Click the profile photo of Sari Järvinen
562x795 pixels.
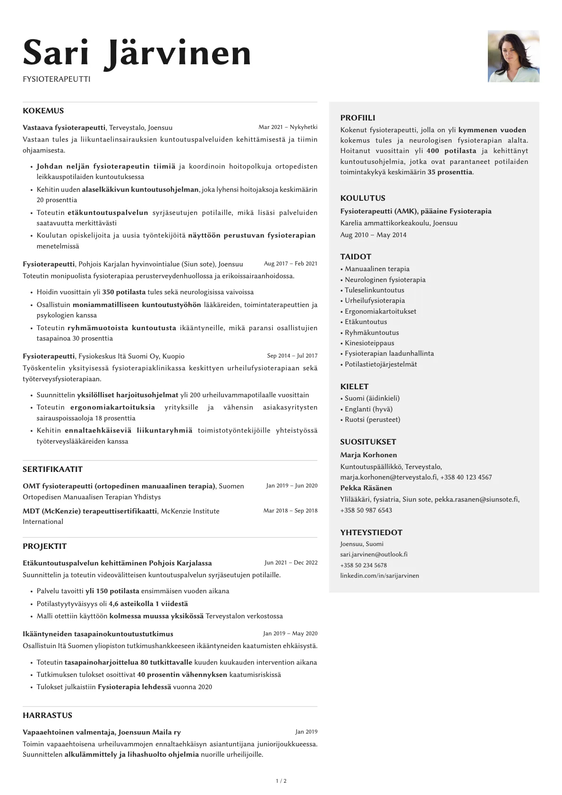[513, 56]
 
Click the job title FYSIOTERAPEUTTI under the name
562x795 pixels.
[57, 79]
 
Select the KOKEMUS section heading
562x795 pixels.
[43, 111]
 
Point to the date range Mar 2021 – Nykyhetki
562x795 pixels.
[288, 127]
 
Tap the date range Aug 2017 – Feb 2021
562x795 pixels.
[290, 264]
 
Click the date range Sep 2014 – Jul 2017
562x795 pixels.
[292, 356]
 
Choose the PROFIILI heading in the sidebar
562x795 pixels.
[358, 118]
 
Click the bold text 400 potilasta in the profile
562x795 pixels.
[451, 151]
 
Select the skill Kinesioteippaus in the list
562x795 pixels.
[369, 343]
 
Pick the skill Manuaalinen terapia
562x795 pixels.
[377, 269]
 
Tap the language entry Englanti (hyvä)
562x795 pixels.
[368, 409]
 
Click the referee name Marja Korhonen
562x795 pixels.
[368, 455]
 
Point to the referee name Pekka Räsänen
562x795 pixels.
[366, 488]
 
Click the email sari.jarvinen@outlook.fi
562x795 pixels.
[374, 555]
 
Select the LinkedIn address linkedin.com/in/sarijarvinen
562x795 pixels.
[379, 576]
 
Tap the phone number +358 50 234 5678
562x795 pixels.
[363, 565]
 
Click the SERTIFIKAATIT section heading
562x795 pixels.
[52, 470]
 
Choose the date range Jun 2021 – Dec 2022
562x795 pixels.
[291, 563]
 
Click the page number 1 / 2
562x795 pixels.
[281, 781]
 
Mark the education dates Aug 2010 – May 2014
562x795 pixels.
[373, 235]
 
